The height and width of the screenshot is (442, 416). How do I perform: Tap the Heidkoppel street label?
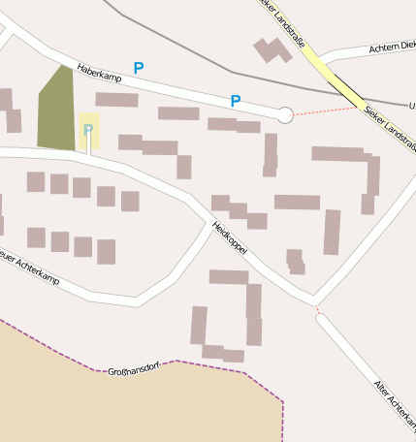(x=229, y=238)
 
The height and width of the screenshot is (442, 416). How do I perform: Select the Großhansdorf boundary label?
(x=134, y=369)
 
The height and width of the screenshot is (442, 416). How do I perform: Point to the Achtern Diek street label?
(x=392, y=47)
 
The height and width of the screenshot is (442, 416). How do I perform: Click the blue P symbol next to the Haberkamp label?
(x=139, y=68)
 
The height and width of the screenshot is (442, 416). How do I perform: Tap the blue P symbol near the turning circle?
(x=236, y=101)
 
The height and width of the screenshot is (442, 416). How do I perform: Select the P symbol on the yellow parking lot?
(x=88, y=129)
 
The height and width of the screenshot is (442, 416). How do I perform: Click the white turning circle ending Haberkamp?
(x=284, y=114)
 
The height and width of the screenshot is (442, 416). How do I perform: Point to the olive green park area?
(x=56, y=111)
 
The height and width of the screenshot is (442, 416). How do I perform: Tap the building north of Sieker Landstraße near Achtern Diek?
(x=272, y=50)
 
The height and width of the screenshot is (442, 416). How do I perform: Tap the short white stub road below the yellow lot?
(x=89, y=143)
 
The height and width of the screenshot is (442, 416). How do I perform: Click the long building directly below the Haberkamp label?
(x=116, y=99)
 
